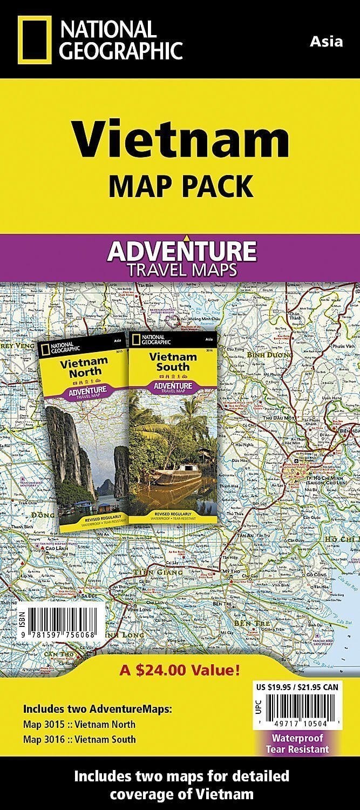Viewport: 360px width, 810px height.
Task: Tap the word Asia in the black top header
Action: [327, 41]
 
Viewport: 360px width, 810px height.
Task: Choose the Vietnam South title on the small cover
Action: [173, 361]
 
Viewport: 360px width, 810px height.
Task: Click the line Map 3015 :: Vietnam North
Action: [79, 724]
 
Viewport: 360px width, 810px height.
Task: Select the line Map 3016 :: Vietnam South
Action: [79, 739]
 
